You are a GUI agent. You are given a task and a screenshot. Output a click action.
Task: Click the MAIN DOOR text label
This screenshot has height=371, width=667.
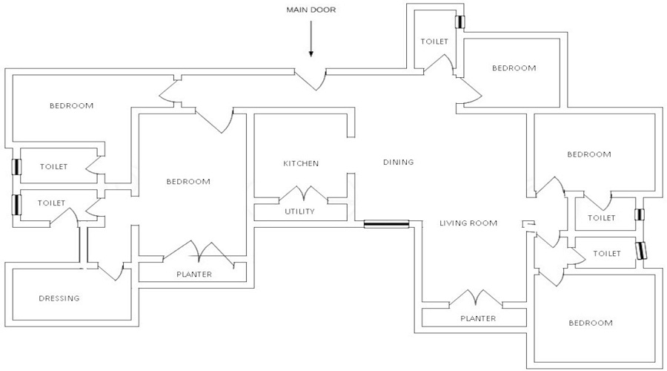[311, 10]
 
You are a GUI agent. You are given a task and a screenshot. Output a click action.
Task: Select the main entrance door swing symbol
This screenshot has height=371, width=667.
[311, 79]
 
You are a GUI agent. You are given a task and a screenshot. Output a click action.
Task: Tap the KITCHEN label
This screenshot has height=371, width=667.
[301, 163]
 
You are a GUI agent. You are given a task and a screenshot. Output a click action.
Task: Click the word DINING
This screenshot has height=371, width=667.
[398, 162]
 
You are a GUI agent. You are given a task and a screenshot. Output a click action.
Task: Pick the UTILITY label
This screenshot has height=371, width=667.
[300, 211]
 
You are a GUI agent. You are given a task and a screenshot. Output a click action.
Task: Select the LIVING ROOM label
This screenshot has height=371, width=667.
[468, 223]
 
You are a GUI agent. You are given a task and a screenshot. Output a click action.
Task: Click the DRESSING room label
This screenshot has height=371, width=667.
[59, 298]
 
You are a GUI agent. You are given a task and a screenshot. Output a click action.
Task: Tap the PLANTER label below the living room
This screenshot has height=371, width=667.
[477, 318]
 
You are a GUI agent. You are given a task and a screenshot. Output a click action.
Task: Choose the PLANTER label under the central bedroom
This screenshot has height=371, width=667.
[194, 275]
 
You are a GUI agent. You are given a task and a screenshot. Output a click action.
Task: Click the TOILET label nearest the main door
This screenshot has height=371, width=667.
[434, 42]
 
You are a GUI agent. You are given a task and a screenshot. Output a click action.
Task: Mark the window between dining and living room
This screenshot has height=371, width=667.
[386, 223]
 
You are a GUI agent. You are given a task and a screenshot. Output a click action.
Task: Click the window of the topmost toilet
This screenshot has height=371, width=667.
[460, 22]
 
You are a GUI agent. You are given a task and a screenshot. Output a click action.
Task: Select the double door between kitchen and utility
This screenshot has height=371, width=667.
[302, 194]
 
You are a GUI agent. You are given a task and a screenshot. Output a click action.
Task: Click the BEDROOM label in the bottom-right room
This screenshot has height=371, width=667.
[591, 323]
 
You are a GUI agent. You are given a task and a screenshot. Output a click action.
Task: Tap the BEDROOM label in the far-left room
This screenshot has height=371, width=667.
[72, 105]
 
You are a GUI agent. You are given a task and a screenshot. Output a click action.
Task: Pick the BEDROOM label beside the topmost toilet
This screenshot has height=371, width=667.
[514, 68]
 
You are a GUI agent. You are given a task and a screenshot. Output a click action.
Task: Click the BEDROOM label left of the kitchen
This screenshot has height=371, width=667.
[188, 181]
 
